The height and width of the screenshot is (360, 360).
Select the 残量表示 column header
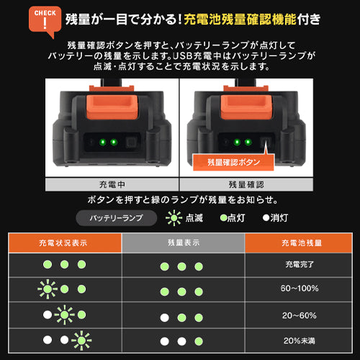(181, 243)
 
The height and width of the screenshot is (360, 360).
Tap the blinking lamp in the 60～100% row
(48, 290)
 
